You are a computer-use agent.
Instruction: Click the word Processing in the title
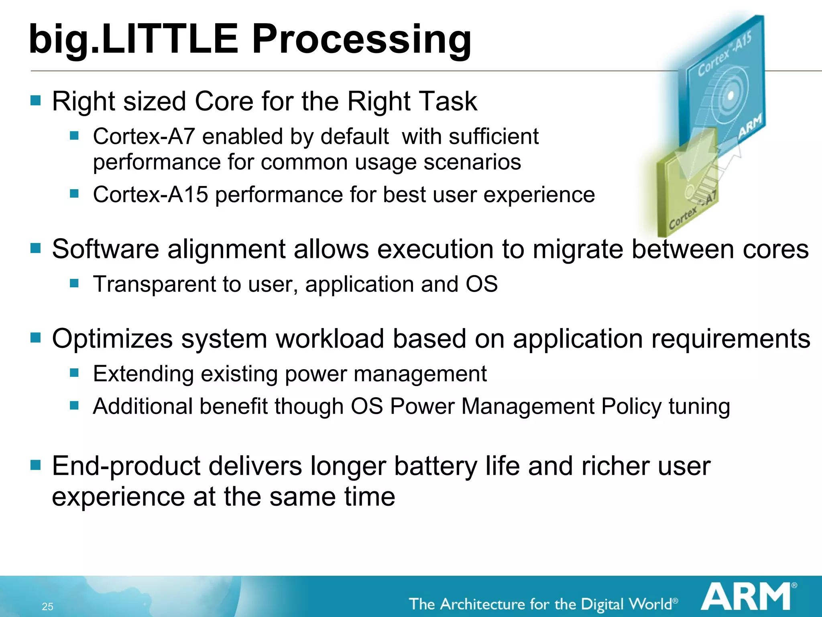(361, 39)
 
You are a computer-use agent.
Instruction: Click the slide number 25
(47, 607)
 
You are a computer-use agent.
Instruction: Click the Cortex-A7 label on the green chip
(692, 211)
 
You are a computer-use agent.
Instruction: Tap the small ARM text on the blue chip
(750, 125)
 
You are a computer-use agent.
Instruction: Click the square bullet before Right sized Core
(36, 100)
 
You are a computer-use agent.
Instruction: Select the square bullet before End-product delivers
(36, 465)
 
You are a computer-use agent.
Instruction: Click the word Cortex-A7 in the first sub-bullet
(144, 137)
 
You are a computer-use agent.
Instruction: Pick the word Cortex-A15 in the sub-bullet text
(151, 195)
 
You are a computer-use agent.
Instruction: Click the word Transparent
(154, 284)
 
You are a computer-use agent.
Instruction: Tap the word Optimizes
(112, 339)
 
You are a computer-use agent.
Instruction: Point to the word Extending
(143, 374)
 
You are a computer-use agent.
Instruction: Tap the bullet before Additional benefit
(74, 405)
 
